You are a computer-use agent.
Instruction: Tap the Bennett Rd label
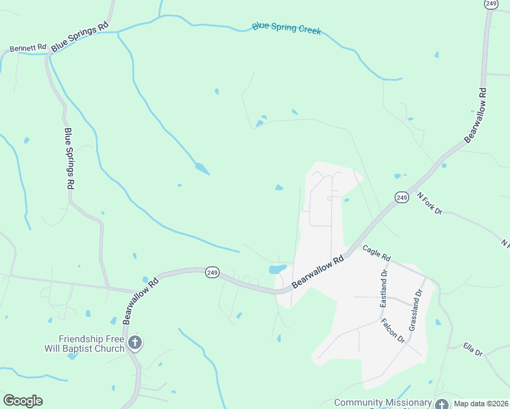click(27, 49)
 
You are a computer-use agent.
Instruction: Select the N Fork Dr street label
click(430, 204)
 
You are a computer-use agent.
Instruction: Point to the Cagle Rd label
click(376, 254)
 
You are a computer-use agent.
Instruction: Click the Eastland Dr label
click(384, 287)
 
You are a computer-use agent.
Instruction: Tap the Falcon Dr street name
click(393, 331)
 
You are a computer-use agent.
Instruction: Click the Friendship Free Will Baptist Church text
click(91, 344)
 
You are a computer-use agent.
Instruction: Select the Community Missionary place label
click(382, 403)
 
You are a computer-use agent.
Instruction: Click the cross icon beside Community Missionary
click(442, 404)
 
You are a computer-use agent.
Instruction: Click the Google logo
click(22, 401)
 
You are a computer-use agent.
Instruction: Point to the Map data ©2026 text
click(481, 403)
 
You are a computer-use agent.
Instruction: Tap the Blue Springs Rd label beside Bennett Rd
click(80, 36)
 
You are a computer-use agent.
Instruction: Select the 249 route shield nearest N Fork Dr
click(402, 197)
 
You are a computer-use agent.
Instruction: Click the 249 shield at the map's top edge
click(490, 4)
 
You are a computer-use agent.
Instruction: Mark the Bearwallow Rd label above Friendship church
click(141, 301)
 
